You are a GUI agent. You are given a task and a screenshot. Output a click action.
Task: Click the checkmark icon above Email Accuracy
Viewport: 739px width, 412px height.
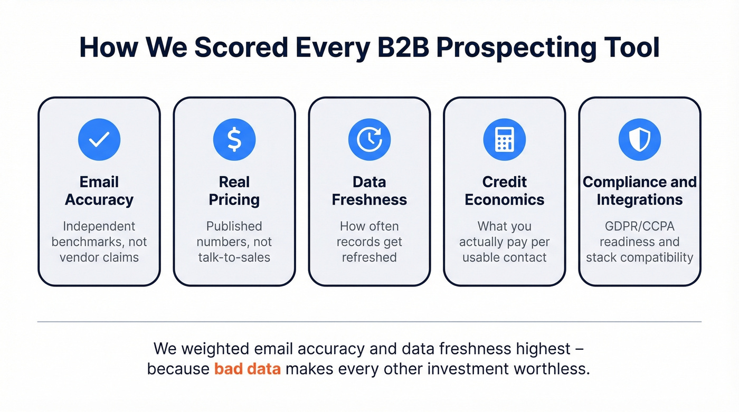point(99,139)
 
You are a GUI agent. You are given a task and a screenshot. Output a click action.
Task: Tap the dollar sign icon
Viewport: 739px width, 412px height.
point(234,139)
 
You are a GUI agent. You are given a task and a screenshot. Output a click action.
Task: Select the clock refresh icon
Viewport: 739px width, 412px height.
point(369,139)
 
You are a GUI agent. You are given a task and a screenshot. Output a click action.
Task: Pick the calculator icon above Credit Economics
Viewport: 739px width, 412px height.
point(505,139)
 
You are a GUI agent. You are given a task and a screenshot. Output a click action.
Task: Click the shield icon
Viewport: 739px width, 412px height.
point(640,139)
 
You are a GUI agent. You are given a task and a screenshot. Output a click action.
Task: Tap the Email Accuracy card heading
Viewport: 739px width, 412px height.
point(99,191)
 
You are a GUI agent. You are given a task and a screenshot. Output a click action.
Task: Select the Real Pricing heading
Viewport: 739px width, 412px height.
point(234,191)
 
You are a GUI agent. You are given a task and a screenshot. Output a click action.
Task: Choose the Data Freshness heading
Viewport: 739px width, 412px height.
point(369,191)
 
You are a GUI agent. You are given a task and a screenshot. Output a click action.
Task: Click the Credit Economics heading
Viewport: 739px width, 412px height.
point(505,191)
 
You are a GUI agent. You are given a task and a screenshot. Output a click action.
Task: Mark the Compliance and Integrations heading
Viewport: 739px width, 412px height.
point(640,191)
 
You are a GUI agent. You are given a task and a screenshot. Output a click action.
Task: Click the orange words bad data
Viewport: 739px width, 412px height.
point(247,368)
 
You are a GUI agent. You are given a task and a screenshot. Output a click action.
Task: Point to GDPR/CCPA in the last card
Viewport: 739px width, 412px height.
point(640,226)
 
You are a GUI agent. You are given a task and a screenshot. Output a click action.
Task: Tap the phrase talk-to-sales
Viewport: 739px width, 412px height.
point(234,257)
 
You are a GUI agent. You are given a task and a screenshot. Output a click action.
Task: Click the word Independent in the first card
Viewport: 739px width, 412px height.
point(99,226)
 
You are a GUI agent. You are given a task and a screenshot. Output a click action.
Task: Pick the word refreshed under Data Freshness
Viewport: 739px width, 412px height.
point(369,257)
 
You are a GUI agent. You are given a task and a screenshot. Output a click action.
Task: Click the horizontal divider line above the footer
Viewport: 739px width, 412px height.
point(369,321)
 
